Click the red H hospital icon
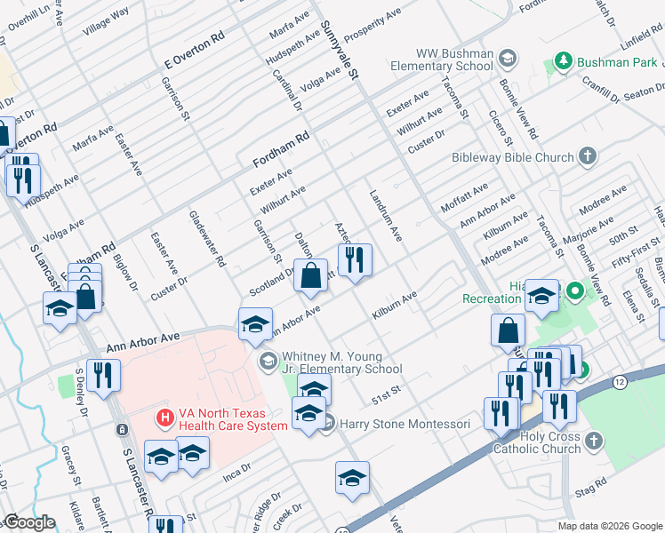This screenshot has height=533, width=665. click(164, 417)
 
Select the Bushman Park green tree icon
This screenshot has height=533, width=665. click(562, 61)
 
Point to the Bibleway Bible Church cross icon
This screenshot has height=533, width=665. click(587, 157)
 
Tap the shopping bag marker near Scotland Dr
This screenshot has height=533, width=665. click(310, 276)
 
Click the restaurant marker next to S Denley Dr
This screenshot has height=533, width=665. click(103, 375)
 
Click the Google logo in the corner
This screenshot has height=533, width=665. click(29, 523)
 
